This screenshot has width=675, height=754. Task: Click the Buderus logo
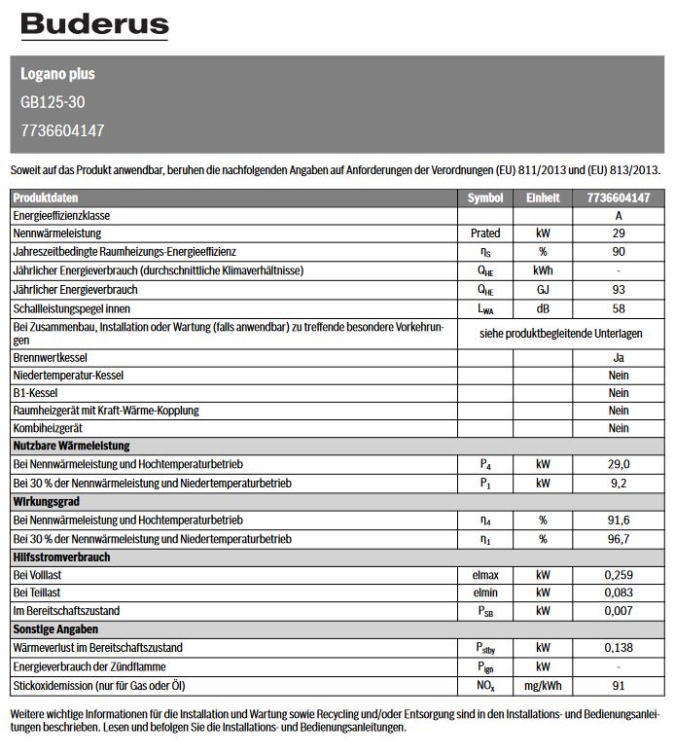[94, 25]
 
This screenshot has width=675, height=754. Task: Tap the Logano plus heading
[57, 74]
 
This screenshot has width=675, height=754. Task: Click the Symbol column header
[484, 197]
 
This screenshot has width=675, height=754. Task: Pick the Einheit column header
[543, 197]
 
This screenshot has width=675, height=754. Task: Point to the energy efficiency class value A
[619, 215]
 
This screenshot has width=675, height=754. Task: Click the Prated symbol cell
[484, 233]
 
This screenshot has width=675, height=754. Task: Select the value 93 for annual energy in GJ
[619, 290]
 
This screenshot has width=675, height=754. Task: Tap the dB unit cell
[543, 308]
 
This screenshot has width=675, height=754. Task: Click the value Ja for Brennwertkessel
[619, 358]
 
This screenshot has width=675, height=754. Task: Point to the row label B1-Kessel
[36, 393]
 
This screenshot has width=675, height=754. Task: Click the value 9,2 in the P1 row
[619, 483]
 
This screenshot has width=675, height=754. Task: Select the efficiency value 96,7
[619, 539]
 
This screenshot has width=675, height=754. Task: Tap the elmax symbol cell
[484, 576]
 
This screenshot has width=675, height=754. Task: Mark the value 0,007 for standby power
[619, 611]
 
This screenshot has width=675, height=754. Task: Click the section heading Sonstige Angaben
[55, 629]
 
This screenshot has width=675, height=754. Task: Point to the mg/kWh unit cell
[543, 685]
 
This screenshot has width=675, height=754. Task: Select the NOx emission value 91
[619, 685]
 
